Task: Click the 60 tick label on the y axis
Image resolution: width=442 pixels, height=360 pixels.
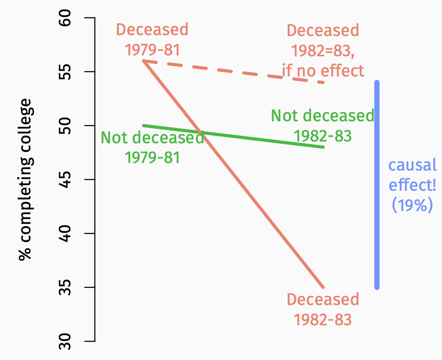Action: pos(65,18)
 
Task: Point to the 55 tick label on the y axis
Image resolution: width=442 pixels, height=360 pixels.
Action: pos(65,72)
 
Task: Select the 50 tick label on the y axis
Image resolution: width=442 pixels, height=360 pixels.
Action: pos(65,126)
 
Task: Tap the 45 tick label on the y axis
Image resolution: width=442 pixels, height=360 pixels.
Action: pos(65,179)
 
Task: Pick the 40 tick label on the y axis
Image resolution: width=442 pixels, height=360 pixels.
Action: pos(65,233)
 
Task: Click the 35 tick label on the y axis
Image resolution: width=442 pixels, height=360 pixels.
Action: pos(65,287)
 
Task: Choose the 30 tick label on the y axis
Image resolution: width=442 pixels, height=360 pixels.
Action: pos(65,341)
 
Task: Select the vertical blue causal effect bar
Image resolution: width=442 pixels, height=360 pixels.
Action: pos(377,185)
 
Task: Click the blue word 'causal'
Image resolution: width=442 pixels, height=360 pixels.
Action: pos(412,165)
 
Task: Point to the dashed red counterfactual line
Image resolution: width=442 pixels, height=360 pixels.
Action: pos(237,72)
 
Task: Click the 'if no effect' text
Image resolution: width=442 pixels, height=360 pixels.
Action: pos(323,70)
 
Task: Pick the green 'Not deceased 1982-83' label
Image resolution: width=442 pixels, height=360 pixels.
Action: pos(323,126)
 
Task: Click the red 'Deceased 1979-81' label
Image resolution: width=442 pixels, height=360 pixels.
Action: pos(152,40)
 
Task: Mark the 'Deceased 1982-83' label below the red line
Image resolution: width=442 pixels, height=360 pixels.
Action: pos(323,309)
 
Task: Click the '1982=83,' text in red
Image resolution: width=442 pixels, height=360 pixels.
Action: pos(323,51)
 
